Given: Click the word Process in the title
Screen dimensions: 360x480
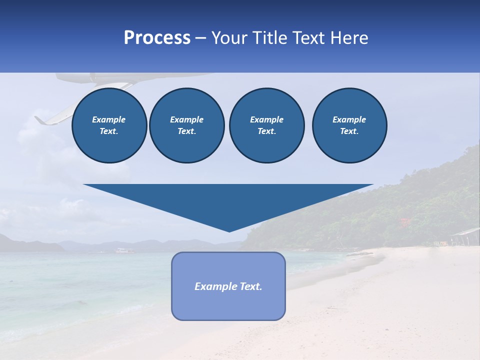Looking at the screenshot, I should click(157, 38).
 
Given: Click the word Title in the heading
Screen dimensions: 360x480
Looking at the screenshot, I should click(270, 38).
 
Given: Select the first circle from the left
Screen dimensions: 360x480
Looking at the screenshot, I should click(109, 125).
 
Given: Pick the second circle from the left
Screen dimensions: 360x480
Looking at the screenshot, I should click(186, 125).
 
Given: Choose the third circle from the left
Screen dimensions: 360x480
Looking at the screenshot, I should click(266, 125).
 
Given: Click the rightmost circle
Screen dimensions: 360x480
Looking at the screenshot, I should click(349, 125).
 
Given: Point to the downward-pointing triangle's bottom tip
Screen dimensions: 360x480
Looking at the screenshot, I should click(229, 231).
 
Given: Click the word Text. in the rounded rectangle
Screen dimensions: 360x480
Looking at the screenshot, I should click(251, 286).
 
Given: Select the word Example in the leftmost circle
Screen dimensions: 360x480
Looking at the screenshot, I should click(109, 119).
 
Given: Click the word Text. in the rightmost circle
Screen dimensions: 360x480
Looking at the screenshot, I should click(349, 131).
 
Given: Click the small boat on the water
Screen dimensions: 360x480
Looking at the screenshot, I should click(122, 249).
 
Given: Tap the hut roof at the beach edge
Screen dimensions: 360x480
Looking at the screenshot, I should click(465, 232).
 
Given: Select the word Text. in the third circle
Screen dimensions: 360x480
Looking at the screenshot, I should click(266, 131).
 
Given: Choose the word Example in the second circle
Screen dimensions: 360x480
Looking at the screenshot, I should click(186, 119).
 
